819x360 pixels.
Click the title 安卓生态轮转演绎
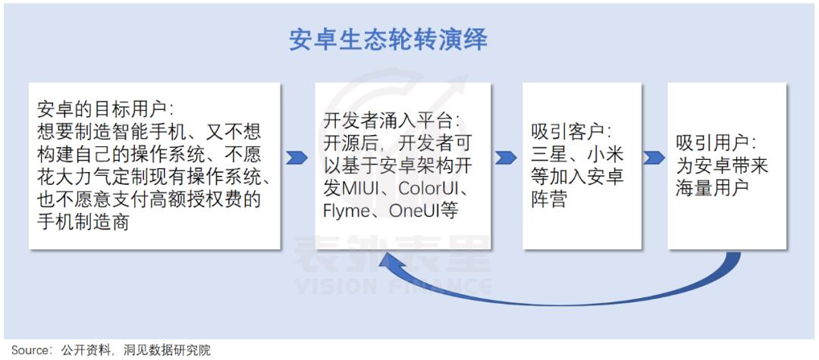coord(388,40)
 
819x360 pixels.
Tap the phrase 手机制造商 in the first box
coord(83,223)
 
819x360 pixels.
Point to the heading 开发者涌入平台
coord(391,121)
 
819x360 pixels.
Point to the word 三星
coord(550,155)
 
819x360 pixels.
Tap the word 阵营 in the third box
coord(549,200)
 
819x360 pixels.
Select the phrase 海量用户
coord(712,188)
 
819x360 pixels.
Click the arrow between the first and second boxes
coord(297,158)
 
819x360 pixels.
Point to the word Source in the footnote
coord(29,349)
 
